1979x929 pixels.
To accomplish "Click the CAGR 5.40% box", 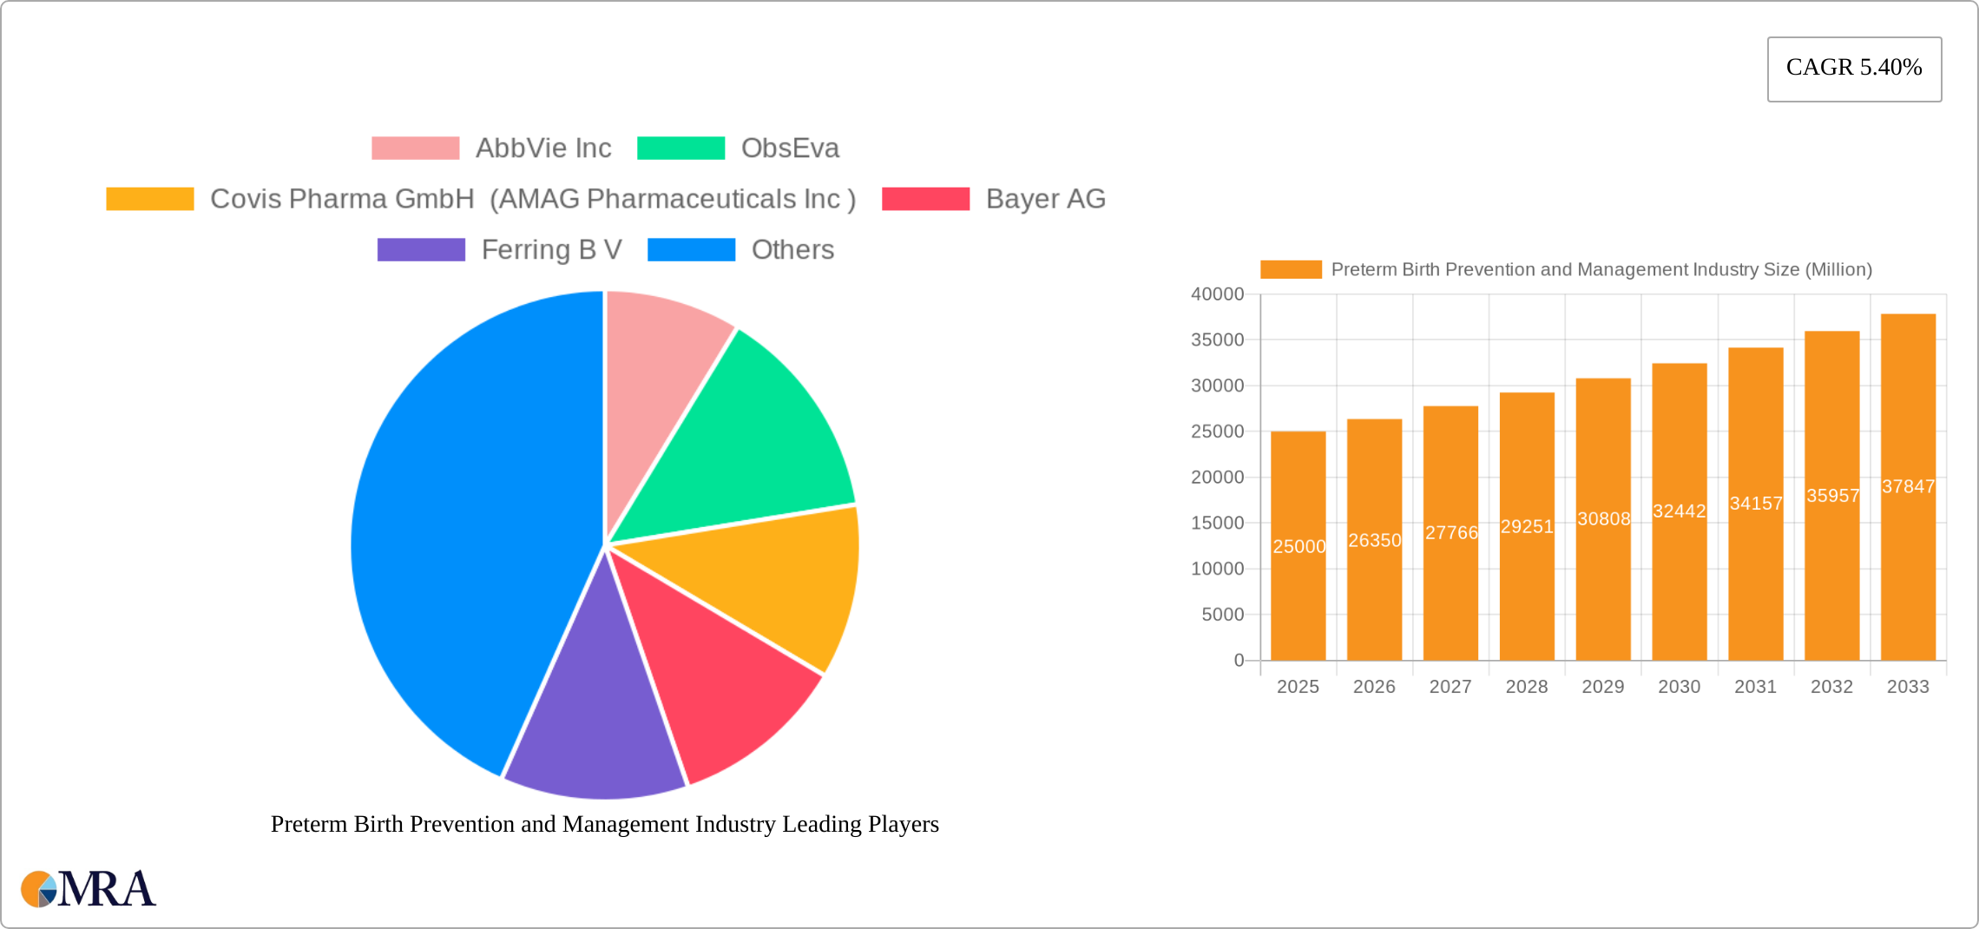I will click(1854, 69).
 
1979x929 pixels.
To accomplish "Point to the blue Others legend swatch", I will click(691, 250).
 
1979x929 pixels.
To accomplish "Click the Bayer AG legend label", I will click(1045, 200).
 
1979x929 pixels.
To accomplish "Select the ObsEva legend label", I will click(790, 148).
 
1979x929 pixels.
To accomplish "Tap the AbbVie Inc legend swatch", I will click(415, 148).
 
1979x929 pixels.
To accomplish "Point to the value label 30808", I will click(1603, 519).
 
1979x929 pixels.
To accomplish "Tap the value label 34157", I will click(1755, 504).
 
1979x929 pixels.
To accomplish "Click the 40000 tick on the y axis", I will click(1217, 294).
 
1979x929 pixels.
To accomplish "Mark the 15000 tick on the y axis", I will click(1217, 523).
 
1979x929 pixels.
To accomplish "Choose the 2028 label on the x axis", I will click(1527, 687).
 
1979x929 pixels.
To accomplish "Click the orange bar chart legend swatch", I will click(1291, 270).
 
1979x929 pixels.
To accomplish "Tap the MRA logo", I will click(89, 889).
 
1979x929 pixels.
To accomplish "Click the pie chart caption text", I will click(605, 824).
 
